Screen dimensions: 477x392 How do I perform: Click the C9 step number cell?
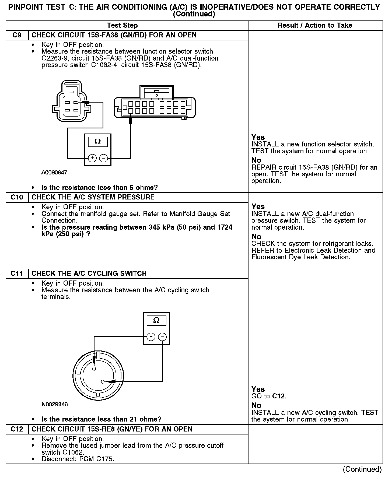17,35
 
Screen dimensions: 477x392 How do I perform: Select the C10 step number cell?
17,197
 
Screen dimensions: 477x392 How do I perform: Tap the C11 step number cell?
17,274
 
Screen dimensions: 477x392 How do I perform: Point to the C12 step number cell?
17,429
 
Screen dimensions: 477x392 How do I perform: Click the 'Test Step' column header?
122,26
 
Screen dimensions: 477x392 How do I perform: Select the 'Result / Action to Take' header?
315,26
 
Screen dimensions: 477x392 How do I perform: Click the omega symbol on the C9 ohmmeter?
98,142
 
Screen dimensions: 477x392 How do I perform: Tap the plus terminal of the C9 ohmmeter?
92,158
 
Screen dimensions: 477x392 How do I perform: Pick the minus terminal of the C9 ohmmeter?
103,158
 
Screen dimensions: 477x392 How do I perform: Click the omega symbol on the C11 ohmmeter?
156,320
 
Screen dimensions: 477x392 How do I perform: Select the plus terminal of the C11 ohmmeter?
151,336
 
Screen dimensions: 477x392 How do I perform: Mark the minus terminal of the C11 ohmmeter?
162,336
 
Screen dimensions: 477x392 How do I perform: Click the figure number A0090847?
54,173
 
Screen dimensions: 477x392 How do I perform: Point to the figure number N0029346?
55,404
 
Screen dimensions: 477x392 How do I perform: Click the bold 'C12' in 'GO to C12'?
278,396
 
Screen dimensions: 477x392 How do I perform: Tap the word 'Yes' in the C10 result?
258,207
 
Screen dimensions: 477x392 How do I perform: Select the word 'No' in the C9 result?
256,160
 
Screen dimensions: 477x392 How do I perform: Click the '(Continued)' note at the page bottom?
362,469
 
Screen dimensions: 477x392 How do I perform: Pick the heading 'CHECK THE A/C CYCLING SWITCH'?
89,274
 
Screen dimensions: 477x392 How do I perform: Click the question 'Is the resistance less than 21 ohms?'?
101,419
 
